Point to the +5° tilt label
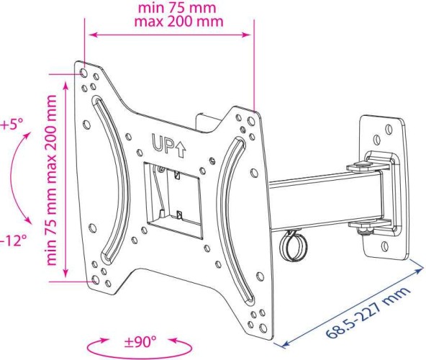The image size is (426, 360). (12, 124)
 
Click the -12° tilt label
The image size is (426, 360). (12, 240)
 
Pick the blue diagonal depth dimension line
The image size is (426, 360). (345, 302)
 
